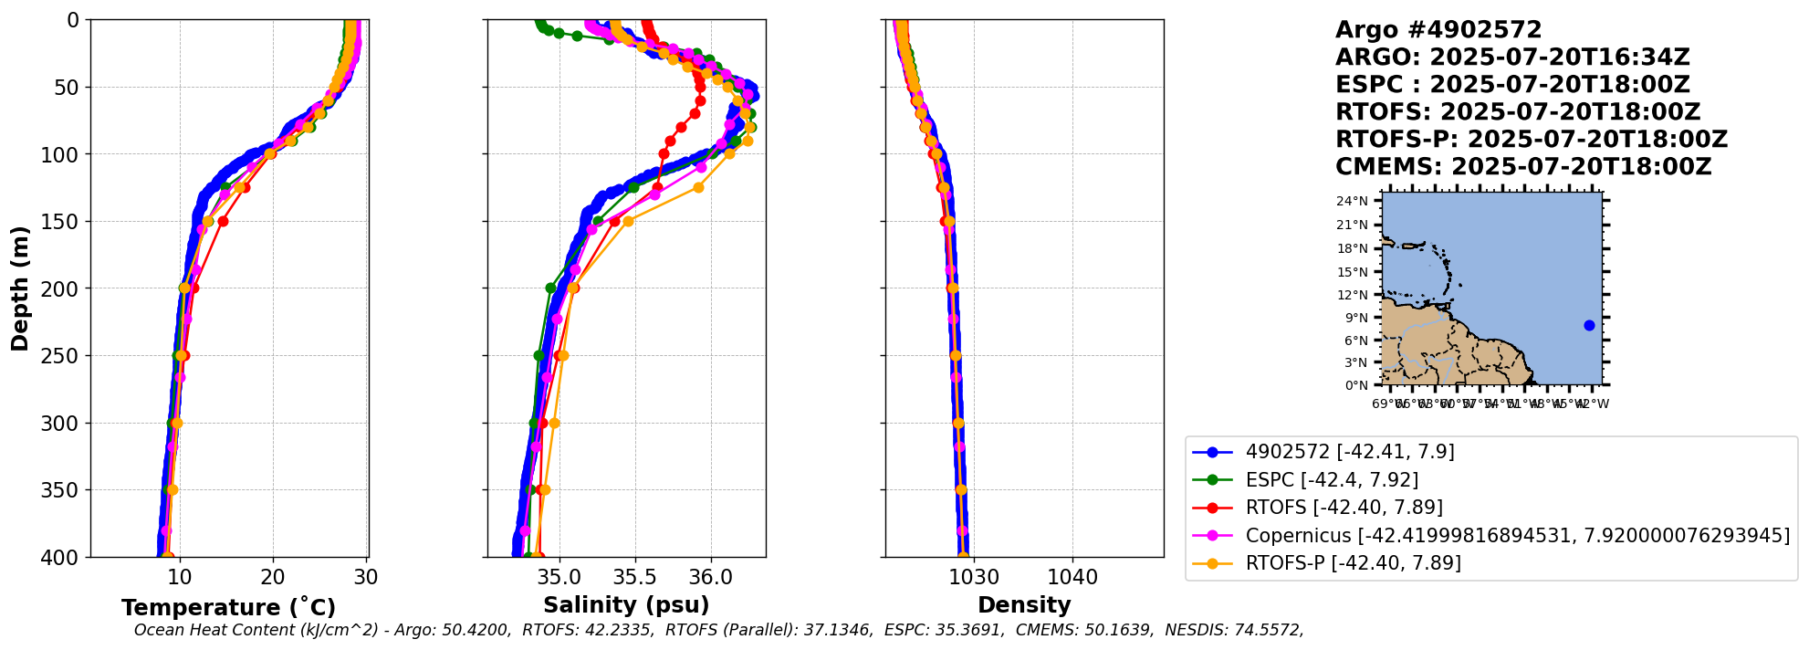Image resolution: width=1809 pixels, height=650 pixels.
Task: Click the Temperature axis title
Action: click(228, 607)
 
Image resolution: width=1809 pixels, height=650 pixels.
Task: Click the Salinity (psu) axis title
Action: click(626, 604)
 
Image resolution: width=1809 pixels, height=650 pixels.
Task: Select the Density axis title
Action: click(1024, 604)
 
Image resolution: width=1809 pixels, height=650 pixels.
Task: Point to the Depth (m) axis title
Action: click(19, 288)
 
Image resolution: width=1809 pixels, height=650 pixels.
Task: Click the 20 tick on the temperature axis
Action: click(273, 577)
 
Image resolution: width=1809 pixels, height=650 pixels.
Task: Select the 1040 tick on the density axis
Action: click(1072, 577)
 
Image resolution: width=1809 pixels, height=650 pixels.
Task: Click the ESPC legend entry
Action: click(1332, 479)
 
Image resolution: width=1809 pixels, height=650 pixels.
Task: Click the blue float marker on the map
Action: click(1589, 325)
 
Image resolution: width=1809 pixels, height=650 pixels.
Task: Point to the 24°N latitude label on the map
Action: click(1359, 201)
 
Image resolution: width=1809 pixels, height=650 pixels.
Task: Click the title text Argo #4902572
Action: click(1438, 30)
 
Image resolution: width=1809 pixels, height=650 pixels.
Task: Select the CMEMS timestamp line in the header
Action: click(1522, 167)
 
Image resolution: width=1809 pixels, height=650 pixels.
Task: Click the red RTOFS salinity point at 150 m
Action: click(614, 221)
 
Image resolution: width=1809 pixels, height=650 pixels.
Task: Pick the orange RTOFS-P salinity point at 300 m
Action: click(554, 423)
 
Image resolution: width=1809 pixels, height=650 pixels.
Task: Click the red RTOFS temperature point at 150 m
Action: click(223, 221)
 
